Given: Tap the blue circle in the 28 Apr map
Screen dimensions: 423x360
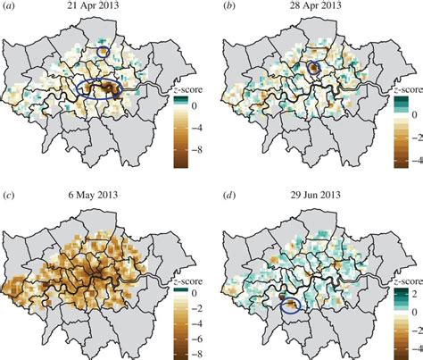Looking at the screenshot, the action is click(x=312, y=68).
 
